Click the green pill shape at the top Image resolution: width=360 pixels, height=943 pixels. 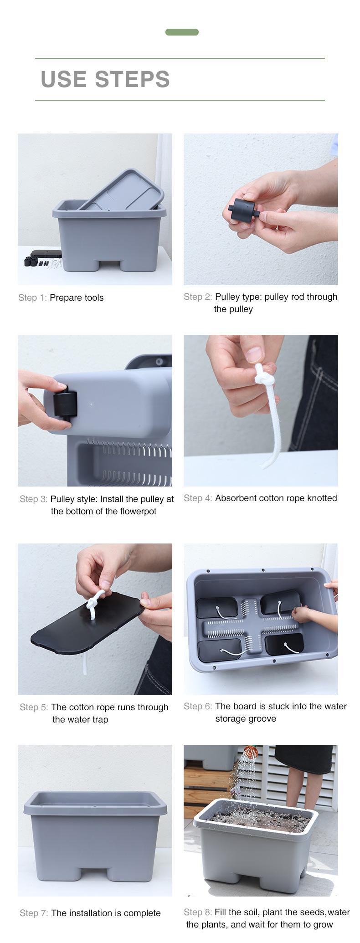[x=182, y=32]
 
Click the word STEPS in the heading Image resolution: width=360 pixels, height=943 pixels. [x=132, y=79]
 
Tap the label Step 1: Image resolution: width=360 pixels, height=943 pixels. [x=32, y=298]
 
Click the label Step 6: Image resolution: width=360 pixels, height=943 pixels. [x=198, y=707]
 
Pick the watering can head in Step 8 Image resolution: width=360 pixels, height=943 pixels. [x=251, y=751]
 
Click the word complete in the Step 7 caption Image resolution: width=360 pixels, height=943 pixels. [x=142, y=913]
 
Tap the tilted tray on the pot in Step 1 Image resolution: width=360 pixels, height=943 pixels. [x=121, y=190]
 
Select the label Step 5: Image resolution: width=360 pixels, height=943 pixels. [x=34, y=707]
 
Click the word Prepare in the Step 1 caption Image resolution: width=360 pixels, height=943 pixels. [x=64, y=298]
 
